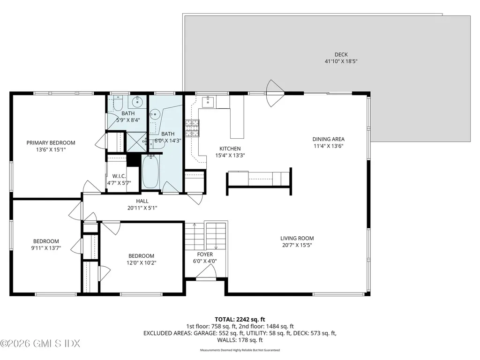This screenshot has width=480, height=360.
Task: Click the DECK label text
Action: coord(341,54)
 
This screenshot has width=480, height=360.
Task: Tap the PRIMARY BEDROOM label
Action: coord(51,143)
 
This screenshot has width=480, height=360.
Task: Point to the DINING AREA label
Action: coord(329,139)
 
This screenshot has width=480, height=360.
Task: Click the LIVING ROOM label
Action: coord(297,238)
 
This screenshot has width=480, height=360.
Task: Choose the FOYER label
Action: coord(205,255)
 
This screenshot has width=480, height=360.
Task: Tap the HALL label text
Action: coord(142,201)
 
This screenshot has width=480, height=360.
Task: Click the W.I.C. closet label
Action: coord(118,176)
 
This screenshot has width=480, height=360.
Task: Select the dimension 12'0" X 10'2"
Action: coord(141,262)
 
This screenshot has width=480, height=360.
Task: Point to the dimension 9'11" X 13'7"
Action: coord(46,248)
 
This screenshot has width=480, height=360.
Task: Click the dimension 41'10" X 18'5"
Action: coord(341,61)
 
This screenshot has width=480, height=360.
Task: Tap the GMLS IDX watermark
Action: coord(40,344)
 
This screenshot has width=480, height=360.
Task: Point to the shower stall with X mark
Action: coord(137,140)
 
